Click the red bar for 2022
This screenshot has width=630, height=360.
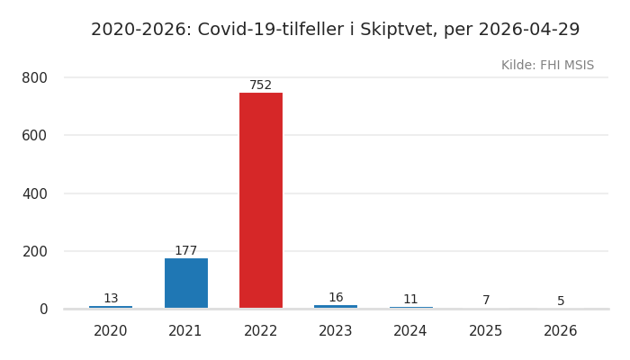pos(261,200)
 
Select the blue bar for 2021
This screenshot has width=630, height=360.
pos(186,283)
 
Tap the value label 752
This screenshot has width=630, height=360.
pos(261,85)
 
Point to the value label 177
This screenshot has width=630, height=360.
pos(186,251)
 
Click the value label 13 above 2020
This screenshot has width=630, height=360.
pos(111,299)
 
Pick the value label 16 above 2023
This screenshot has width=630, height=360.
pos(336,298)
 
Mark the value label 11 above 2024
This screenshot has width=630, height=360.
pos(410,300)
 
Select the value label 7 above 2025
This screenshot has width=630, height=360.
pos(486,301)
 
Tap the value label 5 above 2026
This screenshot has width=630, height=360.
pos(561,301)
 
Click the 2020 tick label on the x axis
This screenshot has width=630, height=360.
pos(111,331)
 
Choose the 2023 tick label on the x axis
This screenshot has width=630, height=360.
pos(336,331)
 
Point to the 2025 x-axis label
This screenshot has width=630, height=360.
pos(486,331)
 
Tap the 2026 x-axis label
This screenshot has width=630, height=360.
pos(561,331)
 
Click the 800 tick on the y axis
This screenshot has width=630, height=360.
pos(34,78)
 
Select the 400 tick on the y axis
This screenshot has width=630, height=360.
pos(34,193)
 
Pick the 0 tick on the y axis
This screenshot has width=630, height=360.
pos(43,310)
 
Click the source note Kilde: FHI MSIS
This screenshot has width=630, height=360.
pos(547,66)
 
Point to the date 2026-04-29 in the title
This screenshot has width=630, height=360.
pos(529,30)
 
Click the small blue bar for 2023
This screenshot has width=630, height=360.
pos(336,307)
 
